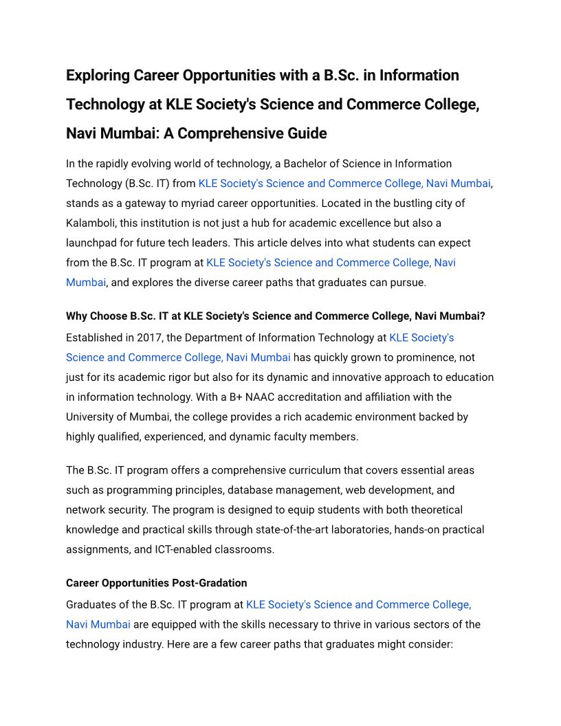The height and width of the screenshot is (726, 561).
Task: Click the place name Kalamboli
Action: (x=93, y=223)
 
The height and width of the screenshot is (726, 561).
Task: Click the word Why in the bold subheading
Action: (x=76, y=316)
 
